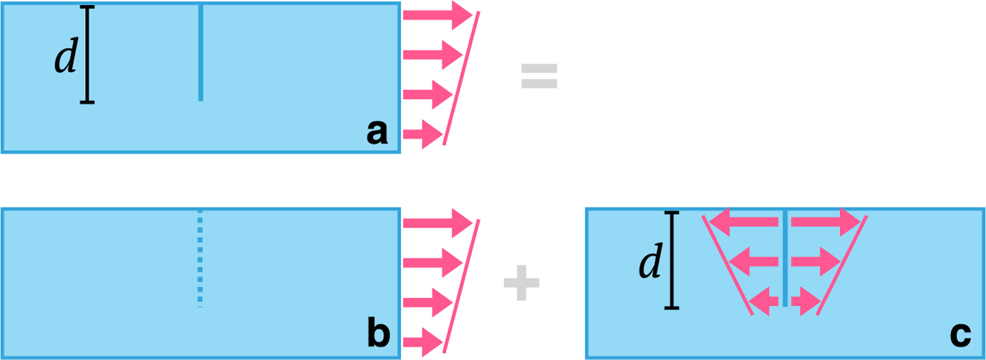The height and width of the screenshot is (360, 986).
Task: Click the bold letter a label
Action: pos(377,132)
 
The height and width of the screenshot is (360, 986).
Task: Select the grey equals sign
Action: pos(539,76)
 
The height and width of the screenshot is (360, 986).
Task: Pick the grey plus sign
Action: pos(522,283)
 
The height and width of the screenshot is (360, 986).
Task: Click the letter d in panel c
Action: pos(649,263)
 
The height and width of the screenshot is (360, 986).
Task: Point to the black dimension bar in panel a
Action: pos(87,55)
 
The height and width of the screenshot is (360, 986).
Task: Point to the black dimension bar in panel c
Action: pos(672,260)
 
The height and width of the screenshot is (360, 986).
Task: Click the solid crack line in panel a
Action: pos(201,53)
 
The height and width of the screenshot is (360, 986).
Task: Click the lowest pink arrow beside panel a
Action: pos(423,134)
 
